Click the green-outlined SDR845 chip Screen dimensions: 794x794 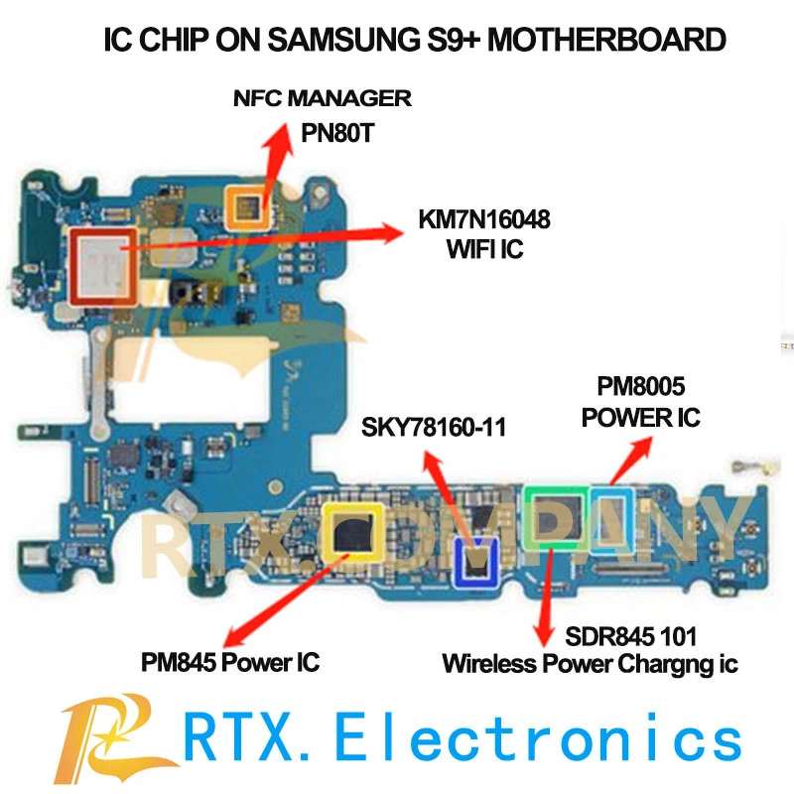point(557,516)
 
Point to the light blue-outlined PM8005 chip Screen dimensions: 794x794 point(610,519)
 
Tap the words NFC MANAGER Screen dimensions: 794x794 point(323,98)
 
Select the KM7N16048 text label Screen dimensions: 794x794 point(483,217)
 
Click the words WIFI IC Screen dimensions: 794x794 point(483,248)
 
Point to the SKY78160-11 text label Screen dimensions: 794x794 point(434,428)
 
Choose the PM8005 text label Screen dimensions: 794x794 point(641,383)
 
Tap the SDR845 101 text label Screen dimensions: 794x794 point(592,635)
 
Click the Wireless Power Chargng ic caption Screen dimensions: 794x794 point(590,664)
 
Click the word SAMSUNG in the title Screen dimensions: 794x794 point(336,41)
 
